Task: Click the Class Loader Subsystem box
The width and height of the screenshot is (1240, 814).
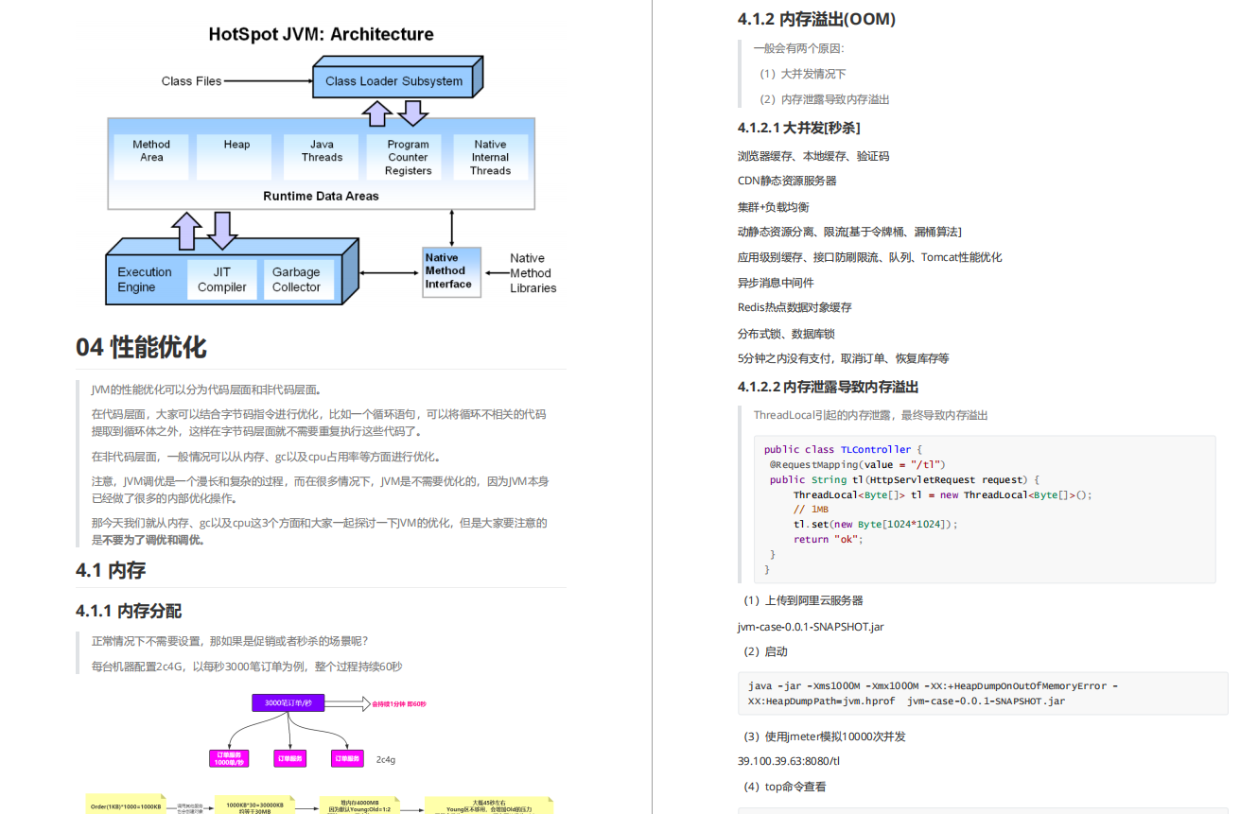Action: tap(394, 80)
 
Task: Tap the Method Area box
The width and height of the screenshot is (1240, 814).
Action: tap(151, 151)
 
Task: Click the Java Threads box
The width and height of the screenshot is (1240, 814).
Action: tap(322, 151)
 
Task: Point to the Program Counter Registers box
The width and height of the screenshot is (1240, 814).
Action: tap(408, 158)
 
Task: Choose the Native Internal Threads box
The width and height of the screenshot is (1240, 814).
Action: tap(490, 158)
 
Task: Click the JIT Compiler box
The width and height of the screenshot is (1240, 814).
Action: tap(222, 280)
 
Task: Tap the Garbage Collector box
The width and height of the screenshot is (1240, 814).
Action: tap(296, 280)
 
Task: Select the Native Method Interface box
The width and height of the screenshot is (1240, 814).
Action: tap(449, 271)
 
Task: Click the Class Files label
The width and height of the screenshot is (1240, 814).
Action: tap(191, 81)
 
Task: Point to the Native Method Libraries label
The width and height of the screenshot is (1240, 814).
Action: tap(533, 272)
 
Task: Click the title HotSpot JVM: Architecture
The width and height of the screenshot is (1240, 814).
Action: tap(321, 35)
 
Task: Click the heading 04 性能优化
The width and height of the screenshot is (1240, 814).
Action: tap(141, 347)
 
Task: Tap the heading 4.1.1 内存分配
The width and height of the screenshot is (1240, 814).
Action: tap(129, 611)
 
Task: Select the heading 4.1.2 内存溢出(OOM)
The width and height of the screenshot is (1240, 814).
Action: tap(816, 19)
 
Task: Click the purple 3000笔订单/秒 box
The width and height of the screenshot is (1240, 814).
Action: tap(288, 703)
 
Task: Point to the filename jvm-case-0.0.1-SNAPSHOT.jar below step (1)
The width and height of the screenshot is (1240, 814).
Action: tap(811, 626)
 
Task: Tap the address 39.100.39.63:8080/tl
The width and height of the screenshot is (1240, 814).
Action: tap(789, 761)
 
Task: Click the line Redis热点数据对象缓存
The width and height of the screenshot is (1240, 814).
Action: tap(795, 307)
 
